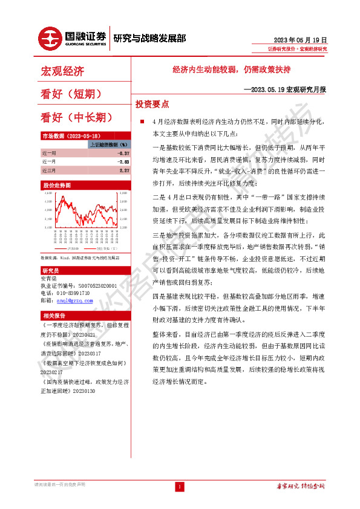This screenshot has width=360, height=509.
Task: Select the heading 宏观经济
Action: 62,72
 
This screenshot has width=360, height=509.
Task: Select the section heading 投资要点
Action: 152,103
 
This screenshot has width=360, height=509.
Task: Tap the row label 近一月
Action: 49,162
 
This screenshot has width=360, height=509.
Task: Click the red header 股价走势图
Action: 57,184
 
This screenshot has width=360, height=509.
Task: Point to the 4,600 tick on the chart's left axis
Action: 47,193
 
